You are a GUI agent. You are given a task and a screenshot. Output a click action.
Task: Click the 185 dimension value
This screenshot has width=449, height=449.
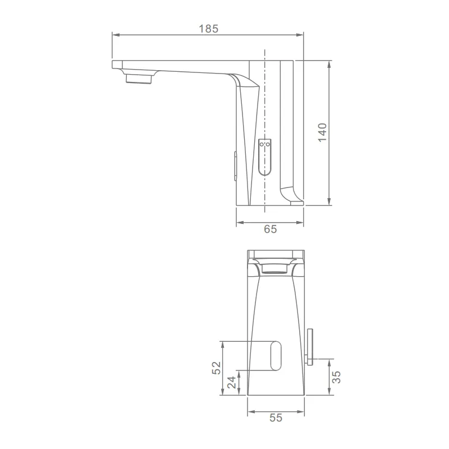tap(208, 29)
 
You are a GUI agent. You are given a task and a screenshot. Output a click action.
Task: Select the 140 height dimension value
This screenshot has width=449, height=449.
tap(322, 132)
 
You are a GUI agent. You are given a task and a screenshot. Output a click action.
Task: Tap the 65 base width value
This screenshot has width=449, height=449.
tap(271, 229)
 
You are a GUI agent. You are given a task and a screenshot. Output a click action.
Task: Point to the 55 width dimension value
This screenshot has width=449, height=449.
tap(276, 418)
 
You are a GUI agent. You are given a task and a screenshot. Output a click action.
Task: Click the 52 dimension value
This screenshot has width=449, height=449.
tap(217, 368)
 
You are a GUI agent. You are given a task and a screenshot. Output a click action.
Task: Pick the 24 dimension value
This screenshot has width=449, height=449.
tap(232, 382)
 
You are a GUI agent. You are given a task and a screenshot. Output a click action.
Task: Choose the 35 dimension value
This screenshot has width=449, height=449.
tap(336, 377)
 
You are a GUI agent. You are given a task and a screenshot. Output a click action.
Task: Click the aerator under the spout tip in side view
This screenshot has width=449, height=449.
tap(138, 78)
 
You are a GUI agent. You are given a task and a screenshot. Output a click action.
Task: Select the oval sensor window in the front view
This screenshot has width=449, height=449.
tap(276, 355)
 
